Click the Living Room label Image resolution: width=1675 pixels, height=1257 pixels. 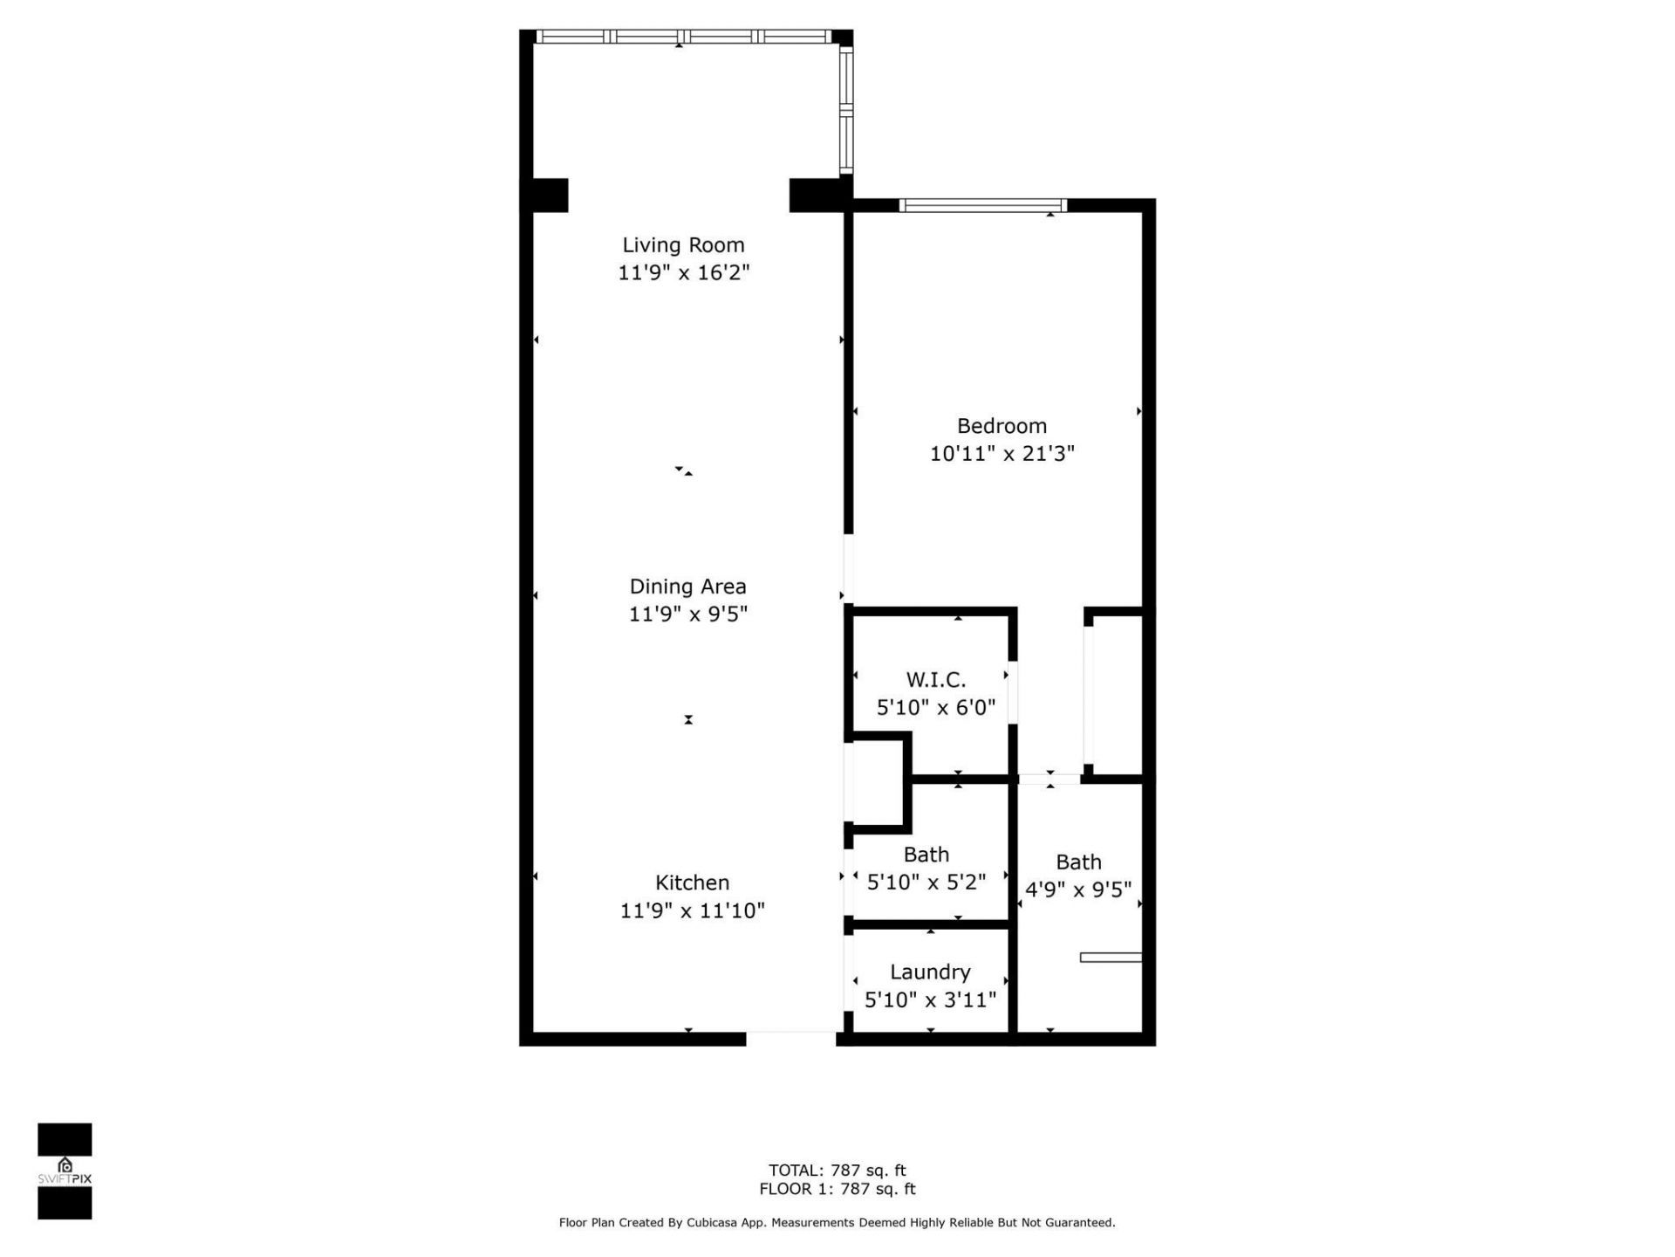[683, 245]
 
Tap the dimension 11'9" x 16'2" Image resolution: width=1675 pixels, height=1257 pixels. [683, 273]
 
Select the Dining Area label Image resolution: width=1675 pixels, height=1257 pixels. [687, 587]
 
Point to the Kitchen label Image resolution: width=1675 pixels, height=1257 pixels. [692, 883]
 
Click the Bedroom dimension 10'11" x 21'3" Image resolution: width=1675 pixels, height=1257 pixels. [1002, 454]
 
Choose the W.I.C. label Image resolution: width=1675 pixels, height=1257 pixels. [935, 680]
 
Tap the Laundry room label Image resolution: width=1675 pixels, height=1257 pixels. [930, 972]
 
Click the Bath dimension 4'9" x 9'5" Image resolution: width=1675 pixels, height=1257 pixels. [1078, 890]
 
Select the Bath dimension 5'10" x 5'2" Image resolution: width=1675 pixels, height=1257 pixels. [926, 883]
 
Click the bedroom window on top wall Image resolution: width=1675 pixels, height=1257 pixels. [983, 206]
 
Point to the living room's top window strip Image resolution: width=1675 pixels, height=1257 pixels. [683, 37]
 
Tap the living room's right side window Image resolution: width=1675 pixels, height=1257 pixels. [845, 109]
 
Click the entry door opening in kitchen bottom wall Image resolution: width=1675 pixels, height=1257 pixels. [791, 1039]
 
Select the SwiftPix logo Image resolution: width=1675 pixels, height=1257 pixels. [65, 1171]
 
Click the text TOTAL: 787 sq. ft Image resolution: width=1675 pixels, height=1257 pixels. [837, 1171]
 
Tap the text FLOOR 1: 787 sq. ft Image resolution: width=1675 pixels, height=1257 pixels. [837, 1189]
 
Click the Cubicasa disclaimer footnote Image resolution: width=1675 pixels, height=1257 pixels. [837, 1223]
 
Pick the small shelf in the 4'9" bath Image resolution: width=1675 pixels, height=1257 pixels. [1111, 958]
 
